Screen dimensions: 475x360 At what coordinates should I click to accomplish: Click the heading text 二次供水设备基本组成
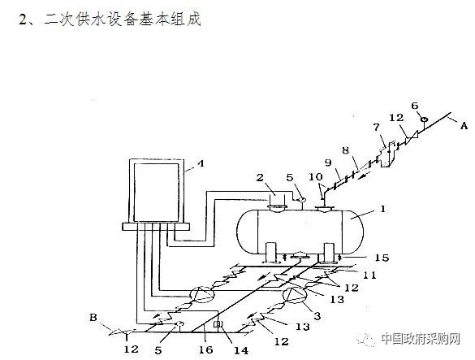122,20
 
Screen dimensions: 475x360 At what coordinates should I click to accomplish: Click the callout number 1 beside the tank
382,209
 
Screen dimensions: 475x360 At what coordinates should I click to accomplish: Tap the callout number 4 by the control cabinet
201,164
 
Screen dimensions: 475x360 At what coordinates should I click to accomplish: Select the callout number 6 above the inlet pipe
415,106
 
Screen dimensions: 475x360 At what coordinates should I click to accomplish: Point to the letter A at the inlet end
464,125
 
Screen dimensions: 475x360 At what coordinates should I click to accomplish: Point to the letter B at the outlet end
93,317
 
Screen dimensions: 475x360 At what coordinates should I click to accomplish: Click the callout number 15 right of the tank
382,258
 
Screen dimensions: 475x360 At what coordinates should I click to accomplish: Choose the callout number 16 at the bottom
206,349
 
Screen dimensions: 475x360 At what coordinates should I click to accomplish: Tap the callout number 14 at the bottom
241,350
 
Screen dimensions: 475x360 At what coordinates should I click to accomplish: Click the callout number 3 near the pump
317,316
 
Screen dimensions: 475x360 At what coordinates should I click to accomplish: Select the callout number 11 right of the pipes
369,275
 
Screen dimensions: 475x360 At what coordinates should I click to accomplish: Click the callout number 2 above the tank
260,177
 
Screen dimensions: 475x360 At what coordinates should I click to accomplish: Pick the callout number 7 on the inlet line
376,127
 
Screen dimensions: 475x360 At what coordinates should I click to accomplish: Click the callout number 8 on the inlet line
346,150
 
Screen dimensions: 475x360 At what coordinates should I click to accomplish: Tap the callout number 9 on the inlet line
328,163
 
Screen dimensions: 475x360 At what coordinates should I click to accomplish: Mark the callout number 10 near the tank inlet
316,176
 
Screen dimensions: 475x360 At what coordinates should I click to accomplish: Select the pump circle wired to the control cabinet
201,294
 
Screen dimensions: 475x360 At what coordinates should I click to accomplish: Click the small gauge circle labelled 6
424,119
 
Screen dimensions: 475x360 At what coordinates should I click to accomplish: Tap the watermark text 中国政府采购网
421,339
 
